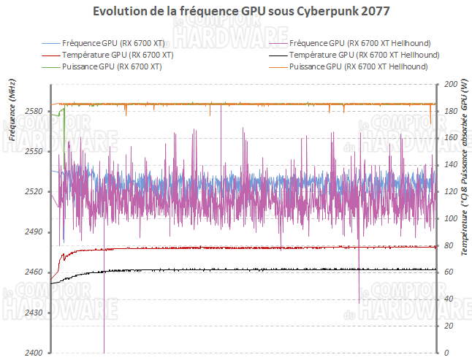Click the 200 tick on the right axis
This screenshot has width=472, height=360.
tap(449, 84)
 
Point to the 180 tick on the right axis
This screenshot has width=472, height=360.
tap(449, 111)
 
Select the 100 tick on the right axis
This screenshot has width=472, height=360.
tap(449, 218)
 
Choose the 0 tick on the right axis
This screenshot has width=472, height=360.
tap(445, 353)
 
